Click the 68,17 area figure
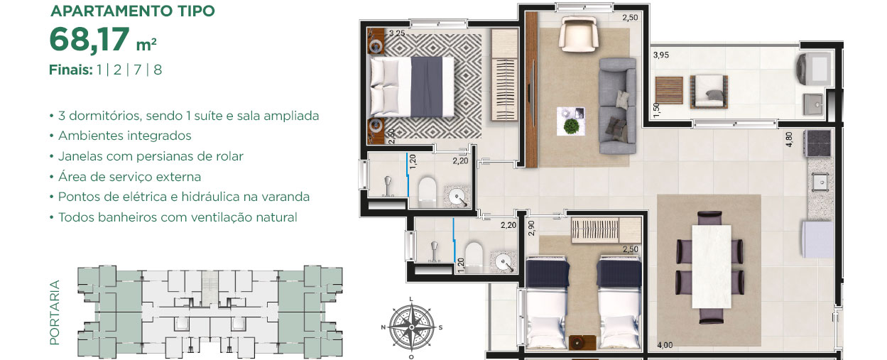tap(89, 40)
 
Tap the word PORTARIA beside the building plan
tap(54, 312)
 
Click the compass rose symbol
tap(411, 328)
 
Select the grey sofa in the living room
tap(617, 106)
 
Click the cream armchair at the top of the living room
tap(578, 33)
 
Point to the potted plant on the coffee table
tap(570, 126)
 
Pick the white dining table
tap(711, 266)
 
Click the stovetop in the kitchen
tap(817, 143)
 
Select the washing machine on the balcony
tap(813, 69)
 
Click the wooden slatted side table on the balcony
tap(669, 90)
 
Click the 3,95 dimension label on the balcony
tap(661, 55)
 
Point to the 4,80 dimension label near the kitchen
tap(789, 139)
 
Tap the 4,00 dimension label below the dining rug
tap(665, 345)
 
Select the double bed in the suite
tap(412, 87)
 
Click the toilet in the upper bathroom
tap(428, 192)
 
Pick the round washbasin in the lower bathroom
tap(504, 263)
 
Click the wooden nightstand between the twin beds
tap(582, 342)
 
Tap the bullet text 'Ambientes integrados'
tap(125, 136)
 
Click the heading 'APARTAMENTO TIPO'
tap(133, 11)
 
